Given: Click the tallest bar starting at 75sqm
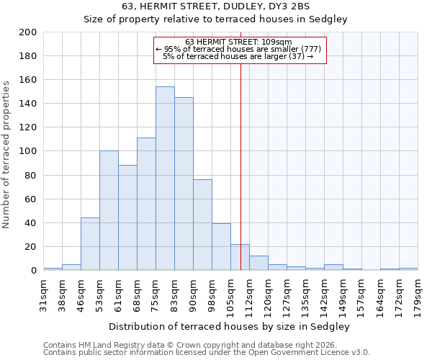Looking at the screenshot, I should tap(165, 179).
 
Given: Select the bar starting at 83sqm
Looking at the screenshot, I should tap(184, 184).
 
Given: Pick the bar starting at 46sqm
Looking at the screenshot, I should tap(90, 244).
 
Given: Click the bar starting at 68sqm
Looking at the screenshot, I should tap(146, 204).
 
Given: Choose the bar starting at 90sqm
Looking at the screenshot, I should tap(202, 225).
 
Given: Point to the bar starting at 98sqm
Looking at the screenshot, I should tap(221, 247).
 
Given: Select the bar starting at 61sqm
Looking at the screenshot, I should tap(127, 217).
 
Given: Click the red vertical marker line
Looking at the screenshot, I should tap(240, 166).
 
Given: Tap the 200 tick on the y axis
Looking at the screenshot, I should tap(28, 32).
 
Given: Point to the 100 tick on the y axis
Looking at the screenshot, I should tap(28, 151).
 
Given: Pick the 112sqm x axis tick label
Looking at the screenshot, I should tap(249, 295).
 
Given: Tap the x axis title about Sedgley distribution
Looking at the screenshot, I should tap(229, 326).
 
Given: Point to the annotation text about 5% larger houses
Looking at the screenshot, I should tap(238, 56).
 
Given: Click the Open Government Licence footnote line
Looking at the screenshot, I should tap(207, 352).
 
